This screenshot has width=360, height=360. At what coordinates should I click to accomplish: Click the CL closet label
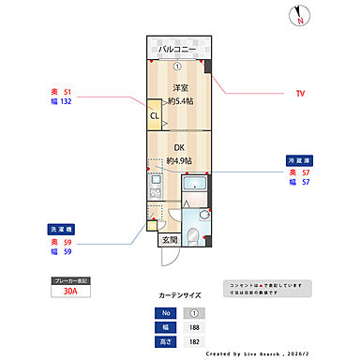tap(154, 117)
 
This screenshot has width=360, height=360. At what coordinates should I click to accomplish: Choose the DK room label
tap(179, 147)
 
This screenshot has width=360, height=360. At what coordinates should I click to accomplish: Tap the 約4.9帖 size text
tap(179, 160)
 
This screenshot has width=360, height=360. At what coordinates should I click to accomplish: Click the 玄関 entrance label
tap(169, 240)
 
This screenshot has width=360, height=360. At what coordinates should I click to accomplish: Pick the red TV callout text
tap(301, 94)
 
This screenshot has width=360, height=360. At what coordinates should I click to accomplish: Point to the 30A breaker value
tap(70, 292)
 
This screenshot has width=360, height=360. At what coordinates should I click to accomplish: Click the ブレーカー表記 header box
tap(69, 279)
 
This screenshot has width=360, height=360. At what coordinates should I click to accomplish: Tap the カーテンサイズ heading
tap(179, 294)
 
